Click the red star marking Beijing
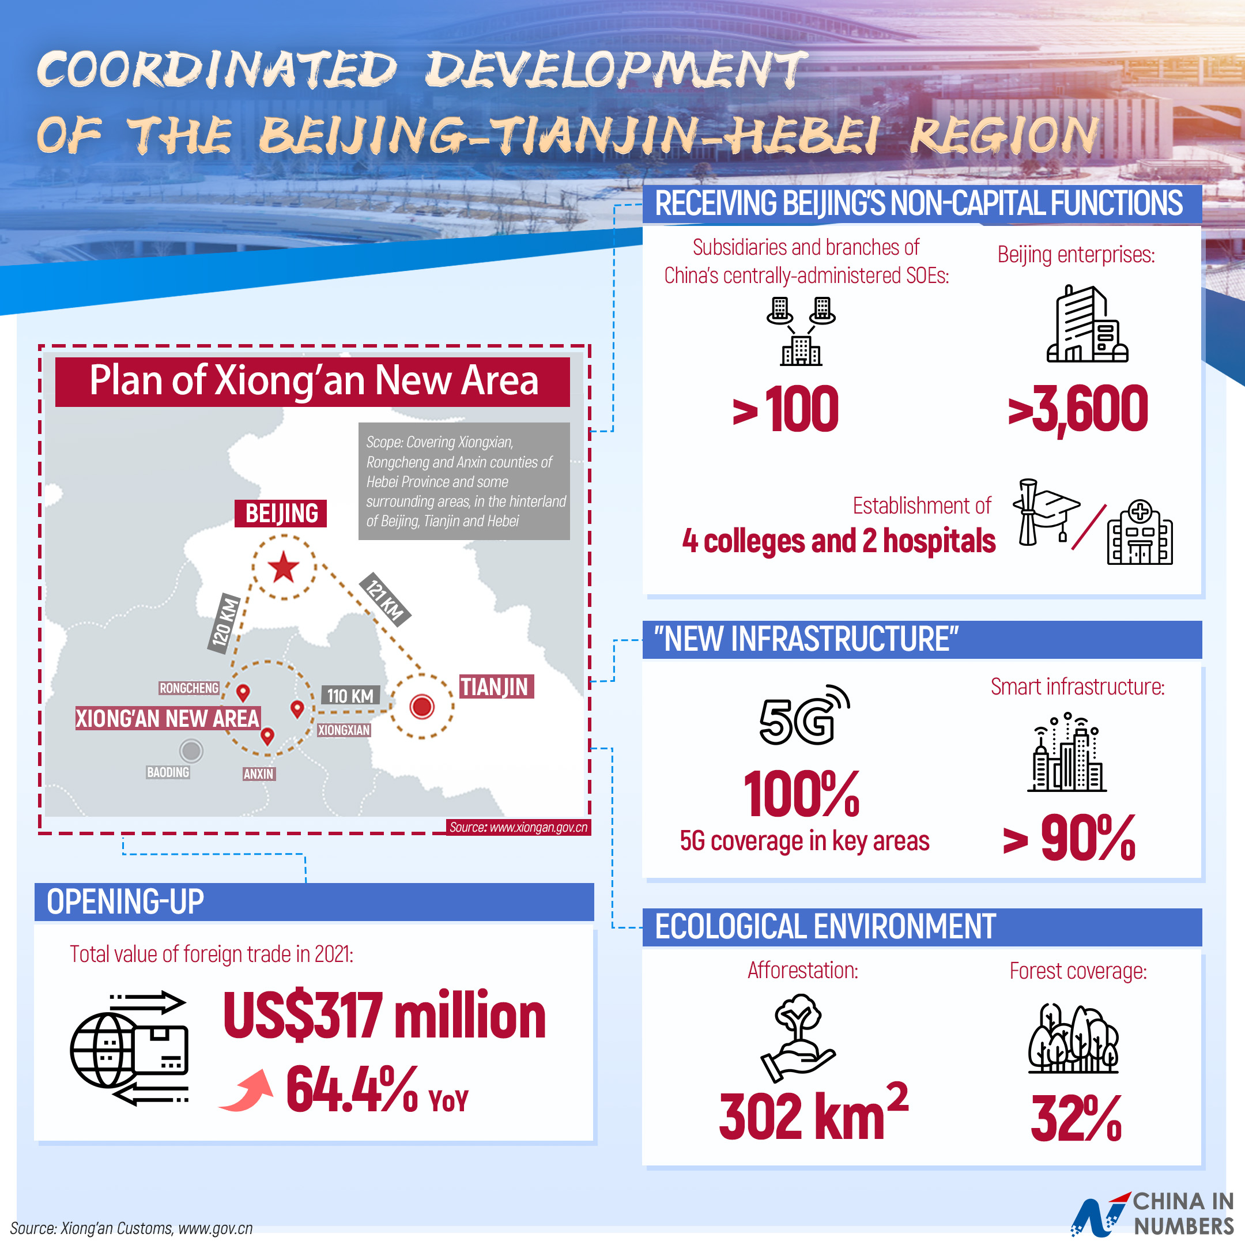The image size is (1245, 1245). pyautogui.click(x=284, y=568)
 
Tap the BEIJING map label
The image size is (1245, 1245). pyautogui.click(x=281, y=514)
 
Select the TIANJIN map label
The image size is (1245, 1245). pyautogui.click(x=496, y=687)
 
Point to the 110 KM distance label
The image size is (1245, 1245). pyautogui.click(x=350, y=696)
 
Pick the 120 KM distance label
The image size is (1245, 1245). pyautogui.click(x=224, y=622)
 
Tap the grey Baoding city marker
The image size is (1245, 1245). pyautogui.click(x=191, y=750)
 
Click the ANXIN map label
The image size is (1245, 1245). pyautogui.click(x=258, y=774)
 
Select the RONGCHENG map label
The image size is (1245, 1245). pyautogui.click(x=189, y=688)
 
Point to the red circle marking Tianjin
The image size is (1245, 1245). pyautogui.click(x=422, y=706)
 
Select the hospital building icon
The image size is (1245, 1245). pyautogui.click(x=1140, y=533)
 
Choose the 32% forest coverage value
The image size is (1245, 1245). pyautogui.click(x=1076, y=1119)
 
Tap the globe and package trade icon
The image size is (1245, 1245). pyautogui.click(x=129, y=1048)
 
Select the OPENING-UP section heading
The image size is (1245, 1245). pyautogui.click(x=125, y=901)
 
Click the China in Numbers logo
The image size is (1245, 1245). pyautogui.click(x=1152, y=1213)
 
